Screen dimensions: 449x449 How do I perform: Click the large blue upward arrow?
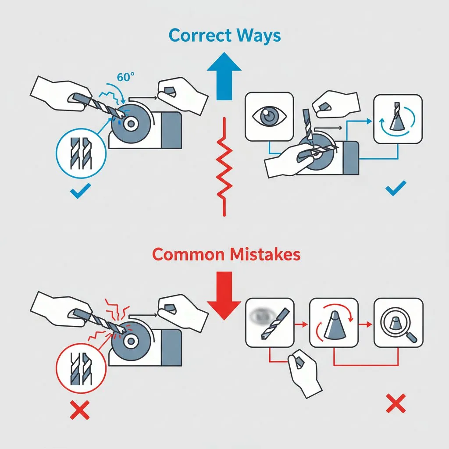point(224,77)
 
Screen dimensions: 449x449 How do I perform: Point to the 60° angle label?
point(126,77)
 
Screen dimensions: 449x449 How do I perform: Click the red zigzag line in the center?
point(224,167)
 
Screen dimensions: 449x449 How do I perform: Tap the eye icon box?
point(269,116)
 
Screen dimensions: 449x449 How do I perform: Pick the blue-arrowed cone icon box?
point(397,118)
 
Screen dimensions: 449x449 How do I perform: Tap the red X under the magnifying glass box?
point(396,404)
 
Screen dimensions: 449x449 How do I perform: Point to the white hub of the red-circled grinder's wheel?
point(130,340)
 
